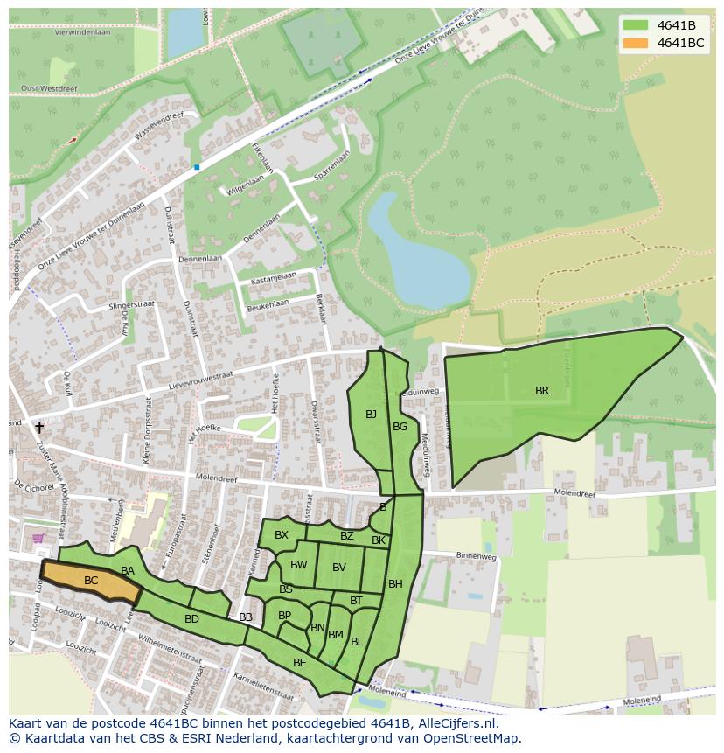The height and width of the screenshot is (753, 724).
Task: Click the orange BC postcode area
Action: (x=91, y=581)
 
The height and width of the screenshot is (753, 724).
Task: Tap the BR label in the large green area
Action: (x=542, y=391)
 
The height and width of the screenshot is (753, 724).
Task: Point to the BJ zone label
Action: (x=371, y=414)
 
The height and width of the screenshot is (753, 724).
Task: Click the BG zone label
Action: (x=400, y=427)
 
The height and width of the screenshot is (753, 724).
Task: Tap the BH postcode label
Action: (x=395, y=583)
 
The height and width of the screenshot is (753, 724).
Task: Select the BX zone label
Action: (x=282, y=535)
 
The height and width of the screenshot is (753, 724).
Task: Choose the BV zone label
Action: (x=339, y=568)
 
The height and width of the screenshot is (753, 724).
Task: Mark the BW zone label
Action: (x=299, y=565)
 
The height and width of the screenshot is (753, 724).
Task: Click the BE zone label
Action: (x=300, y=663)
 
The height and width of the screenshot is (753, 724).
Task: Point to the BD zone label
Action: (x=191, y=619)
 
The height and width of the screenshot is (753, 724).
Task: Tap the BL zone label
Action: (x=357, y=641)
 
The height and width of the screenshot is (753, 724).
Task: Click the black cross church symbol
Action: (x=39, y=427)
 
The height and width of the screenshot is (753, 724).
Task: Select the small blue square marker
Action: (x=197, y=166)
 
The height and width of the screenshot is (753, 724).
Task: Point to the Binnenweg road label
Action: (x=477, y=555)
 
